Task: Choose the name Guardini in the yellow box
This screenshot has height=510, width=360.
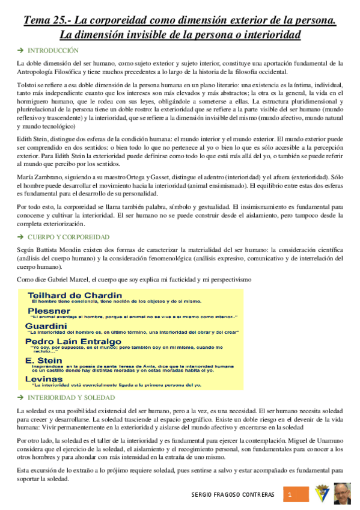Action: [46, 325]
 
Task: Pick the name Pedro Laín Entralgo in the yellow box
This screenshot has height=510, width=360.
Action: [73, 341]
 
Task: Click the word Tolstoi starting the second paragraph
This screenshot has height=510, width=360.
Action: [26, 84]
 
